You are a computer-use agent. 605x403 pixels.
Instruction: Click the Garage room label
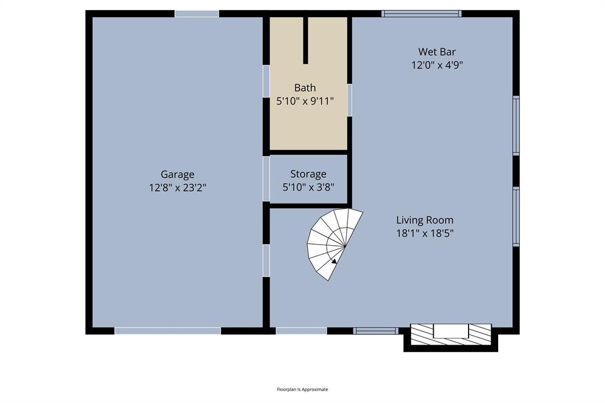pyautogui.click(x=177, y=174)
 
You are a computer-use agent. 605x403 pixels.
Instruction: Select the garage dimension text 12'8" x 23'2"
pyautogui.click(x=177, y=188)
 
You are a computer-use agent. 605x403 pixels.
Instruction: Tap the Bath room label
pyautogui.click(x=305, y=87)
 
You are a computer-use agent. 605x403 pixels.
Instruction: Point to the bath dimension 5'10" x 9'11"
pyautogui.click(x=305, y=101)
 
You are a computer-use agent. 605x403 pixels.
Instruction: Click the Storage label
pyautogui.click(x=308, y=174)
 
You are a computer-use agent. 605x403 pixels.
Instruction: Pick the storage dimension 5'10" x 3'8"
pyautogui.click(x=308, y=188)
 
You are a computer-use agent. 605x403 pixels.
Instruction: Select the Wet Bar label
pyautogui.click(x=437, y=51)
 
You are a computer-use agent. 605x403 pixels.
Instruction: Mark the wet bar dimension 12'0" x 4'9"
pyautogui.click(x=437, y=65)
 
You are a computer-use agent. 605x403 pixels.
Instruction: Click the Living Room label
pyautogui.click(x=425, y=220)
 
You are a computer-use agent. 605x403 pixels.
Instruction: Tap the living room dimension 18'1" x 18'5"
pyautogui.click(x=425, y=233)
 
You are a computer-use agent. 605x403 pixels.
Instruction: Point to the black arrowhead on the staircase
pyautogui.click(x=334, y=261)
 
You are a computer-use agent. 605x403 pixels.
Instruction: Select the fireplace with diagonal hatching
pyautogui.click(x=451, y=334)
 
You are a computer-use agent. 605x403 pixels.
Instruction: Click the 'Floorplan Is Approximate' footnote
pyautogui.click(x=302, y=389)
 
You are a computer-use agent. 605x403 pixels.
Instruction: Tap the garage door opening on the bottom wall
pyautogui.click(x=167, y=331)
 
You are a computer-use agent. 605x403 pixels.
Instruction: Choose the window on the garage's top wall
pyautogui.click(x=197, y=14)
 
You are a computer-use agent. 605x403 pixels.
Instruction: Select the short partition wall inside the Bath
pyautogui.click(x=305, y=40)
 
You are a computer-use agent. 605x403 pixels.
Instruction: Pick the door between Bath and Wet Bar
pyautogui.click(x=349, y=100)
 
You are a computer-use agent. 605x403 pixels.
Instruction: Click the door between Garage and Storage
pyautogui.click(x=266, y=178)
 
